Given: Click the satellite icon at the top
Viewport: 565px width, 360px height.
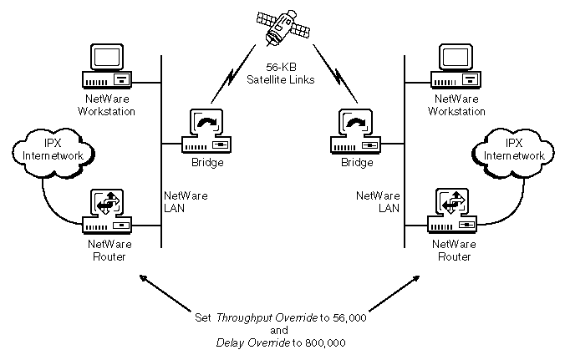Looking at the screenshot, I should click(x=282, y=26).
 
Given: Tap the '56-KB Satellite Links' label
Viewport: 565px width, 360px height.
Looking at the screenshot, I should click(x=281, y=74).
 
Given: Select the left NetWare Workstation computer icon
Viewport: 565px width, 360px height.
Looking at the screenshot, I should click(x=107, y=67).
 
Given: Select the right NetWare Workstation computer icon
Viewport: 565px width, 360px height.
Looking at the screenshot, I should click(x=457, y=67).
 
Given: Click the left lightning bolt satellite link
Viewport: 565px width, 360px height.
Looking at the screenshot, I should click(x=227, y=84).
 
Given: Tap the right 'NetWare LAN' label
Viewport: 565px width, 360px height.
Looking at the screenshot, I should click(x=378, y=201).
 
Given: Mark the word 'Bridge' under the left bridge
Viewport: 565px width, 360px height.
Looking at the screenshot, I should click(x=208, y=162).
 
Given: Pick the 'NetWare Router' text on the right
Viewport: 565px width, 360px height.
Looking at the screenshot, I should click(x=456, y=251).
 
